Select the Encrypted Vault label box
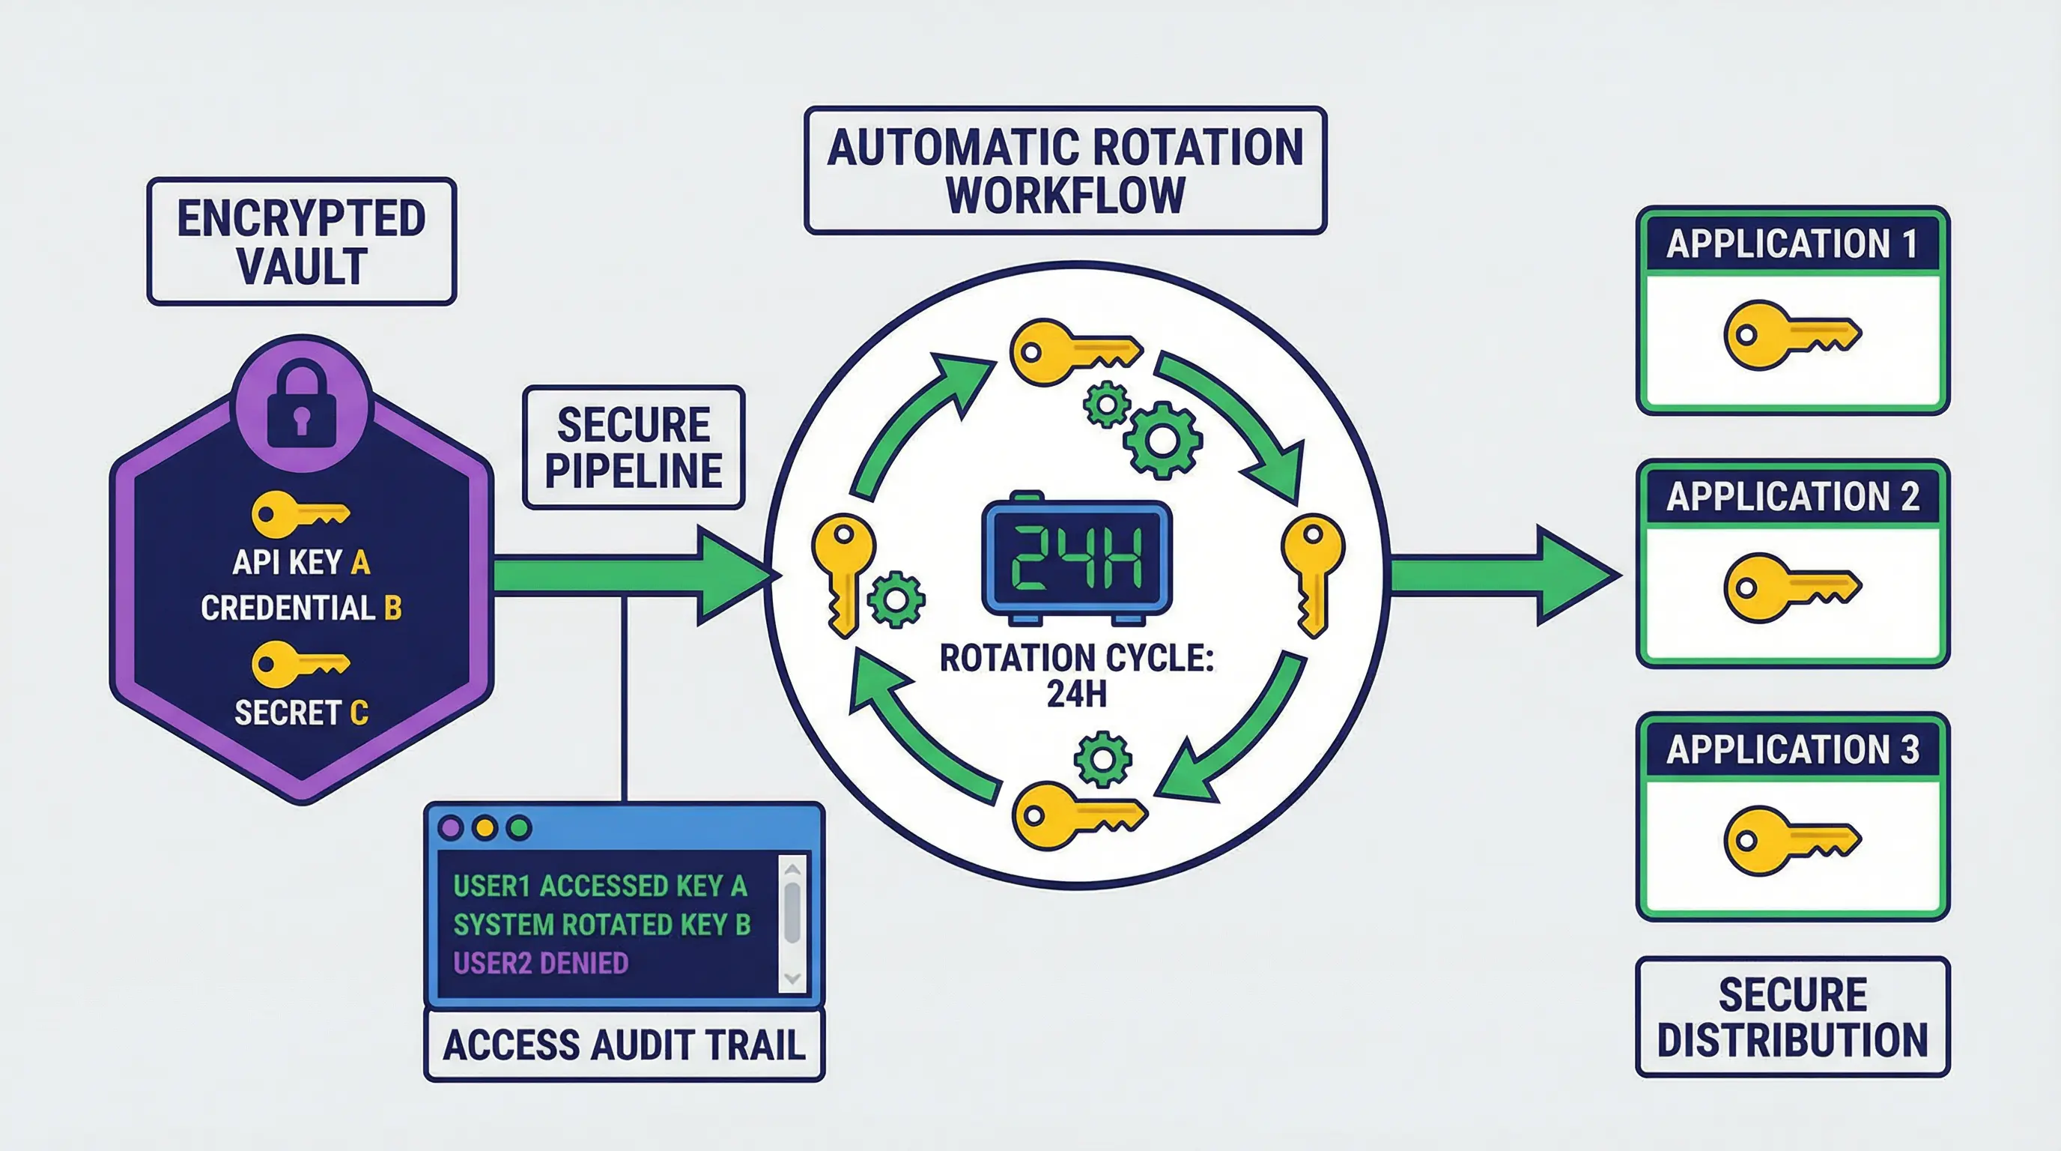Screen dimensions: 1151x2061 pos(302,242)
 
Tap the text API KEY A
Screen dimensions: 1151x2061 pos(301,563)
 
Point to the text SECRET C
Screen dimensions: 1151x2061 pos(301,713)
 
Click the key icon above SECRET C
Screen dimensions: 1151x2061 pos(300,663)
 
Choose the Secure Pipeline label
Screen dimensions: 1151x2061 pos(634,447)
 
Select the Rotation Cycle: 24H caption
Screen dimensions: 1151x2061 pos(1076,674)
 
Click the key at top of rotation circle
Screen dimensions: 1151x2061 pos(1072,352)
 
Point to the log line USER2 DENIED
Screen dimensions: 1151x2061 pos(541,963)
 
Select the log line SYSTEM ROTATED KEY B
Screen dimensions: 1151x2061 pos(601,925)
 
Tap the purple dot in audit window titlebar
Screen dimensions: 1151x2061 pos(452,827)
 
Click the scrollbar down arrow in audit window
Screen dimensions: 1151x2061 pos(793,978)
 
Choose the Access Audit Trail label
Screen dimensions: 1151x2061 pos(624,1045)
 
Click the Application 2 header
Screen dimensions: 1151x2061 pos(1792,497)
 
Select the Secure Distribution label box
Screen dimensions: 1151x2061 pos(1792,1018)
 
